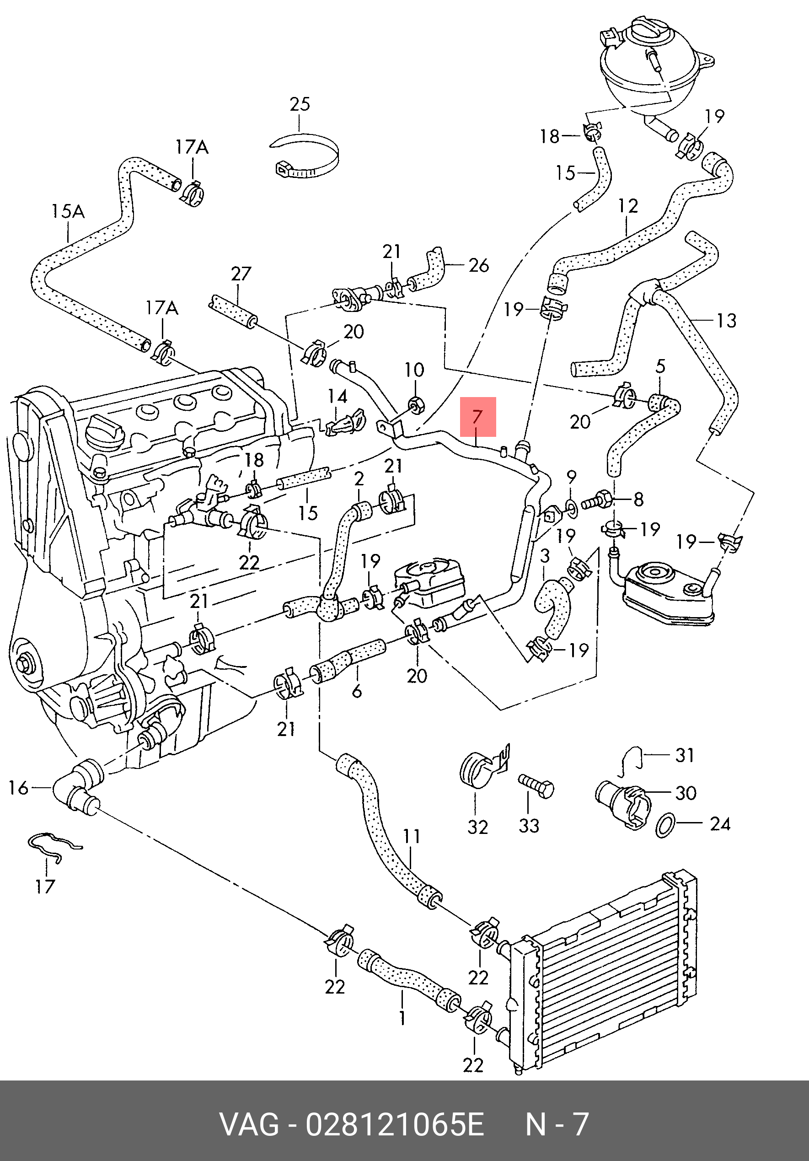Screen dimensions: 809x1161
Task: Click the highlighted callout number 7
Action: click(x=478, y=417)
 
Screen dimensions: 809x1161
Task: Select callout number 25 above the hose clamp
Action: click(x=300, y=104)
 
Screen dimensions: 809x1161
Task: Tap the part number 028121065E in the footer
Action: click(x=394, y=1124)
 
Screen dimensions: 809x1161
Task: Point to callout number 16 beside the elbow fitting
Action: click(x=19, y=787)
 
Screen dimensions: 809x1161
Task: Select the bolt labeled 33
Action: click(x=536, y=786)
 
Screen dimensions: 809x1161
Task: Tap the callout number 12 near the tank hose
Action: click(x=628, y=206)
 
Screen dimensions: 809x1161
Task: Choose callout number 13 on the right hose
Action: click(x=727, y=320)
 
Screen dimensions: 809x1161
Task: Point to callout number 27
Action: click(x=241, y=274)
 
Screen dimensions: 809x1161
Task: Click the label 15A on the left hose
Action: click(x=68, y=211)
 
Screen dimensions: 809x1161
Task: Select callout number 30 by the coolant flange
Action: click(x=686, y=792)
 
